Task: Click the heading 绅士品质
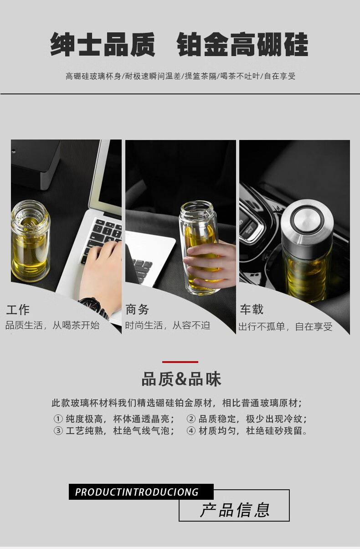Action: click(103, 44)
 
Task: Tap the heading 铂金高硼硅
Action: click(242, 44)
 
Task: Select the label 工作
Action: click(18, 310)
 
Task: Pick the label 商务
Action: click(137, 309)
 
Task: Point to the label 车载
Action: click(252, 309)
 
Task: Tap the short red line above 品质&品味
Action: click(180, 362)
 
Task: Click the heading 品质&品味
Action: click(181, 379)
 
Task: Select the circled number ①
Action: click(58, 419)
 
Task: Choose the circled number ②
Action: click(191, 419)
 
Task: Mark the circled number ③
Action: click(58, 430)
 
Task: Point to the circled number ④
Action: click(191, 430)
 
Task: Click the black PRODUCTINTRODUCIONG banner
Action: click(141, 492)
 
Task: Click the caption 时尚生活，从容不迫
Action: click(168, 326)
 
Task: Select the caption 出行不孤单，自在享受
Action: click(286, 326)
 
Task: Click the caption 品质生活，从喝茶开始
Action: click(52, 325)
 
